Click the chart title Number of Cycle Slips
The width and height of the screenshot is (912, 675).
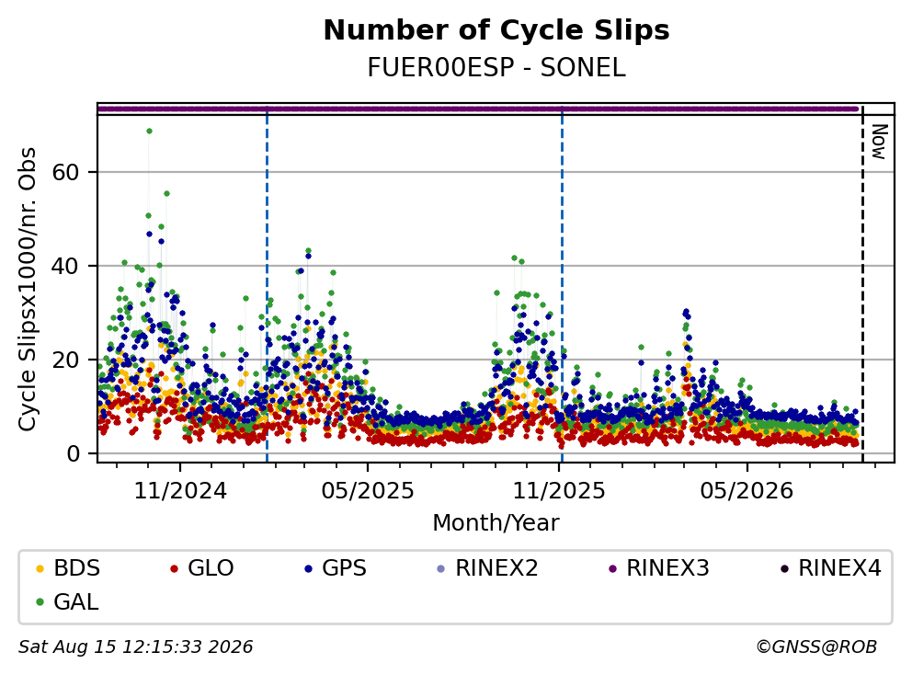pos(496,30)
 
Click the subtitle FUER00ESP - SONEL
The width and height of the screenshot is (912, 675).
pos(496,68)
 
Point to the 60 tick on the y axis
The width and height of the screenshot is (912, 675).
pos(65,172)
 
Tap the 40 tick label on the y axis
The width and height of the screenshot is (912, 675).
pos(65,266)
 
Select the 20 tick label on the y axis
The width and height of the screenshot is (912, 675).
pos(65,360)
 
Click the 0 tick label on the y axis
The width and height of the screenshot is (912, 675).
pos(74,454)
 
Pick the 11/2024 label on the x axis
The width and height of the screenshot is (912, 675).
pos(180,491)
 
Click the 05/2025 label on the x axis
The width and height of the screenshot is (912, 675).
pos(368,491)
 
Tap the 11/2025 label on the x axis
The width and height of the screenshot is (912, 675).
pos(559,491)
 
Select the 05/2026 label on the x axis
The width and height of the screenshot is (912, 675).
pos(747,491)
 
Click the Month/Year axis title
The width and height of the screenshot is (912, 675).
pos(496,523)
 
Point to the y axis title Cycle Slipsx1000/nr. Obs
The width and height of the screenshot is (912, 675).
pos(27,289)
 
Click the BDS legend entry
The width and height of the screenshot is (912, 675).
pos(67,568)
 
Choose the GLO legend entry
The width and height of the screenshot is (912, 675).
pos(202,568)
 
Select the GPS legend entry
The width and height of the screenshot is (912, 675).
pos(336,568)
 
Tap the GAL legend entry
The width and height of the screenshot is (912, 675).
pos(67,601)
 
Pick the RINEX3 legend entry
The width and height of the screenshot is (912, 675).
pos(659,568)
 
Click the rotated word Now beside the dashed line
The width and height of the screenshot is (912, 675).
pos(879,142)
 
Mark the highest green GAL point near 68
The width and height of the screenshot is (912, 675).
pos(149,131)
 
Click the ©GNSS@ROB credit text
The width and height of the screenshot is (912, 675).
pos(816,646)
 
